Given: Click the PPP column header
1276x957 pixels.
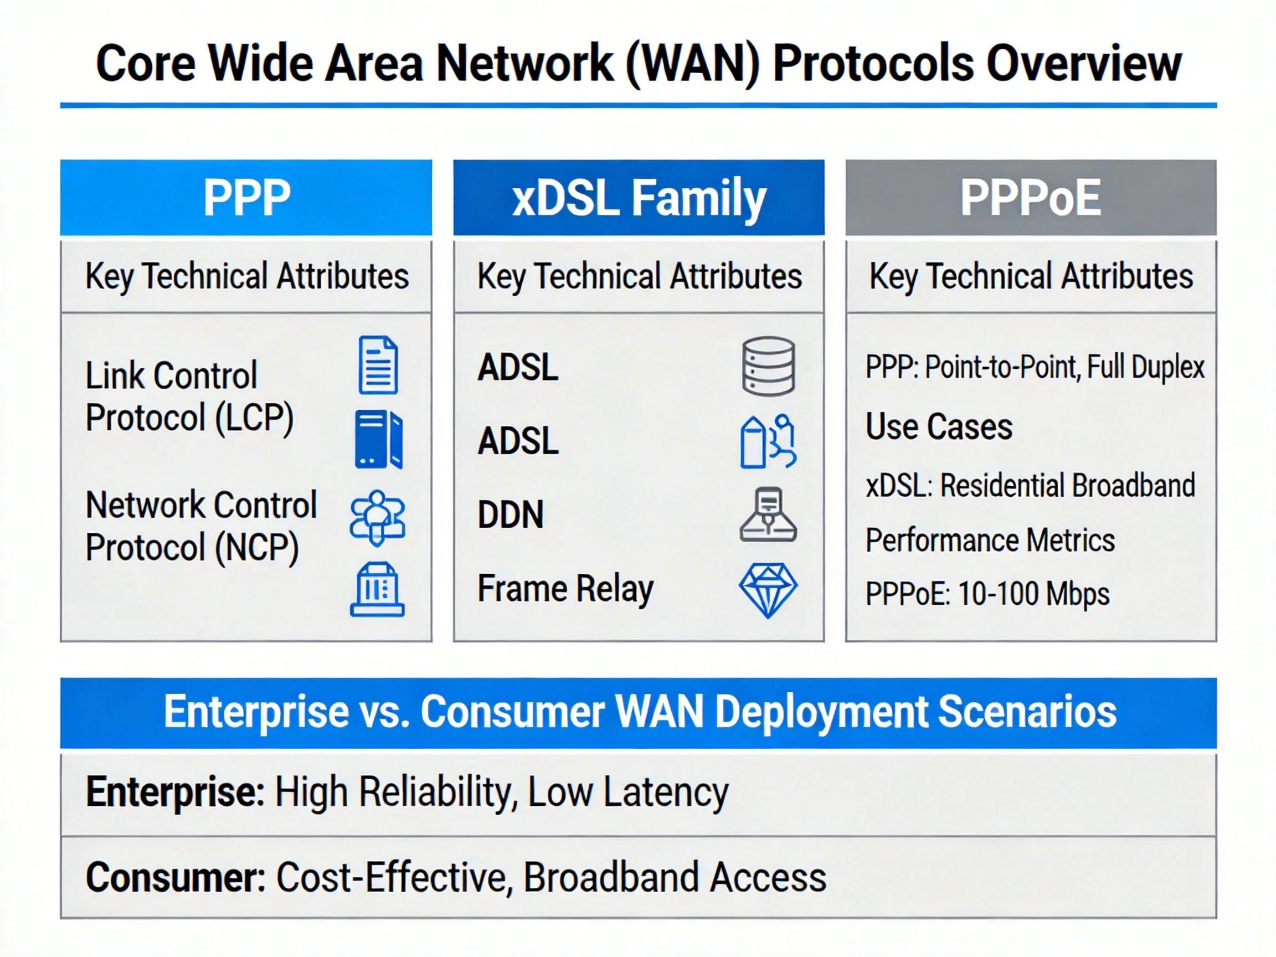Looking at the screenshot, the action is pos(246,197).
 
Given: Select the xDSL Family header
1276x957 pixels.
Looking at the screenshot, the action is pos(639,197).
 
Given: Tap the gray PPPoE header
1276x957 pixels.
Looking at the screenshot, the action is pos(1031,197).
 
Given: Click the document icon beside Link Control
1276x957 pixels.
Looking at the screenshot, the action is pos(378,365).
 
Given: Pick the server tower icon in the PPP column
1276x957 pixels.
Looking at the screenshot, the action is pos(378,439).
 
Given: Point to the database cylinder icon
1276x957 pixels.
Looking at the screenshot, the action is pos(768,366).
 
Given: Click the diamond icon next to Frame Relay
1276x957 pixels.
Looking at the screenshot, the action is pos(768,590).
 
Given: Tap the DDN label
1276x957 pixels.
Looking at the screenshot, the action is pos(511,514).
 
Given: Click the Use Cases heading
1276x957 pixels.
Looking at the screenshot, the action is pos(939,427).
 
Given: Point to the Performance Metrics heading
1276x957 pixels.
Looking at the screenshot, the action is pos(990,541).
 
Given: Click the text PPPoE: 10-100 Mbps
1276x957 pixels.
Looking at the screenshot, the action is pos(987,594).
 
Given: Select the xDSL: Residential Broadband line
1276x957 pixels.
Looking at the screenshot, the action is pos(1030,486).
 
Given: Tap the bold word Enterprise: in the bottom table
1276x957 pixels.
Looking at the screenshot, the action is pos(176,792).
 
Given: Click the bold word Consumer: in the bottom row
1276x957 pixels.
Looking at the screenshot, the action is pos(176,877).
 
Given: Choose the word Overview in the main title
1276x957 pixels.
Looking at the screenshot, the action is pos(1084,64).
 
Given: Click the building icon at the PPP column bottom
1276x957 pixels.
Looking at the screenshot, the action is pos(377,589).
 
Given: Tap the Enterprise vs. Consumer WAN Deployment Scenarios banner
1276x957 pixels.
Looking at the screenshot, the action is pos(639,713).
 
